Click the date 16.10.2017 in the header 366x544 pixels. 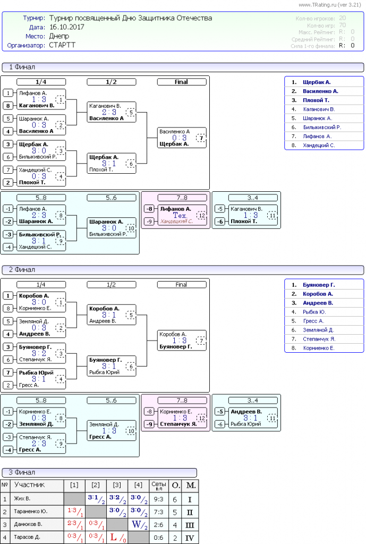tap(66, 27)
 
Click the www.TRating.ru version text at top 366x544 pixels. tap(330, 5)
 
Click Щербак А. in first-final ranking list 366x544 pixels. tap(317, 82)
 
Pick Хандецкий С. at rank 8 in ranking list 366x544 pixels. tap(319, 145)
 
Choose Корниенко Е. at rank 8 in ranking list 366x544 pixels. tap(319, 348)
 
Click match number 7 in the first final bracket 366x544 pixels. tap(200, 138)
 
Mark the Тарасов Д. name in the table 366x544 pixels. tap(27, 537)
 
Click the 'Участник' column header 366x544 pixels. tap(30, 485)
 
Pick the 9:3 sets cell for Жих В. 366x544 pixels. tap(158, 499)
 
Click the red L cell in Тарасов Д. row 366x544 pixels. tap(114, 537)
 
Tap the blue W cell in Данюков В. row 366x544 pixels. tap(136, 524)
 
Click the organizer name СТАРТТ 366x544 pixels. tap(62, 45)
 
